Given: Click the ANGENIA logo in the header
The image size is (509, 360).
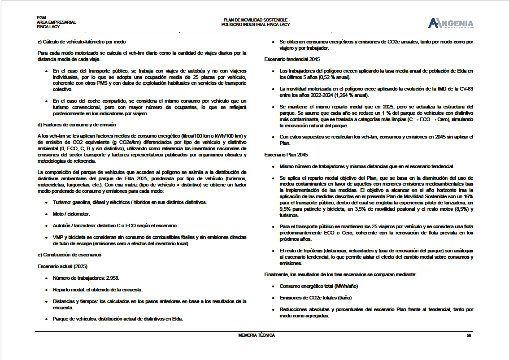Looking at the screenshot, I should tap(451, 23).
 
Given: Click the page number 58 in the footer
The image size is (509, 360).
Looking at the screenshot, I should tap(469, 335).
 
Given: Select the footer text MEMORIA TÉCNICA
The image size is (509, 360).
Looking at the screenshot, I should tap(257, 335).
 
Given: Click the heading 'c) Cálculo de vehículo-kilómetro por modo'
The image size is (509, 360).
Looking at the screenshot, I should tap(82, 42).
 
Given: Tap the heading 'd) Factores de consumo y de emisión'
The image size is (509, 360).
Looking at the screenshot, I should tap(77, 125).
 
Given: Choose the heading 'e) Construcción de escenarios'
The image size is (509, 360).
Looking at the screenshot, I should tap(69, 255).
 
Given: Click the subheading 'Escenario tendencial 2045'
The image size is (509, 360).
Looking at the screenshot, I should tap(292, 59).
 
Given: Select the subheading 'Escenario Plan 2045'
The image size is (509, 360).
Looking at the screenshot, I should tap(286, 154).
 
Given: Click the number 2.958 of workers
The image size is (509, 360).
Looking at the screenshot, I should tap(112, 278).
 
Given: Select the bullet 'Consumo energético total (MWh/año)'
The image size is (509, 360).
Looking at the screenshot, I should tap(318, 286).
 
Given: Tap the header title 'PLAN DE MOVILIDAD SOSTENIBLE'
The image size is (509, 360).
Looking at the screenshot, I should tap(256, 20).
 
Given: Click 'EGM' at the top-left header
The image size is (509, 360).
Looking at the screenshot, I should tap(41, 18).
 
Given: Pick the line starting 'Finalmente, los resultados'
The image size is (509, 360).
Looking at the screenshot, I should tap(341, 274).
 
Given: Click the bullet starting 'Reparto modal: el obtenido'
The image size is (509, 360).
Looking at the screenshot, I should tap(97, 290).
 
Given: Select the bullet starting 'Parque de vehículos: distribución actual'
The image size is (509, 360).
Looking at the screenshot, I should tap(118, 319).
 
